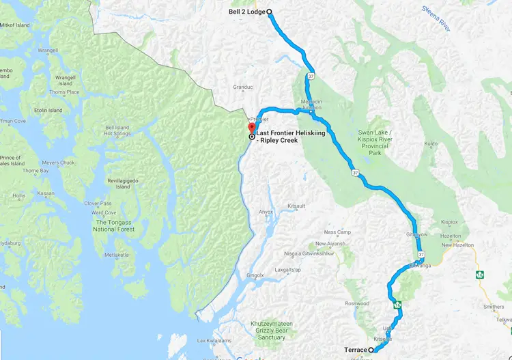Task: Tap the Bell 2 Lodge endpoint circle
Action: (x=269, y=12)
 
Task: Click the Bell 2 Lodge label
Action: (x=246, y=12)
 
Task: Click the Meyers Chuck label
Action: (x=58, y=163)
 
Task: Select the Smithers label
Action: (x=494, y=307)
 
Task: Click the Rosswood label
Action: (x=357, y=303)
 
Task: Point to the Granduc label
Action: (x=243, y=87)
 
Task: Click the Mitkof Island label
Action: (x=15, y=25)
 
